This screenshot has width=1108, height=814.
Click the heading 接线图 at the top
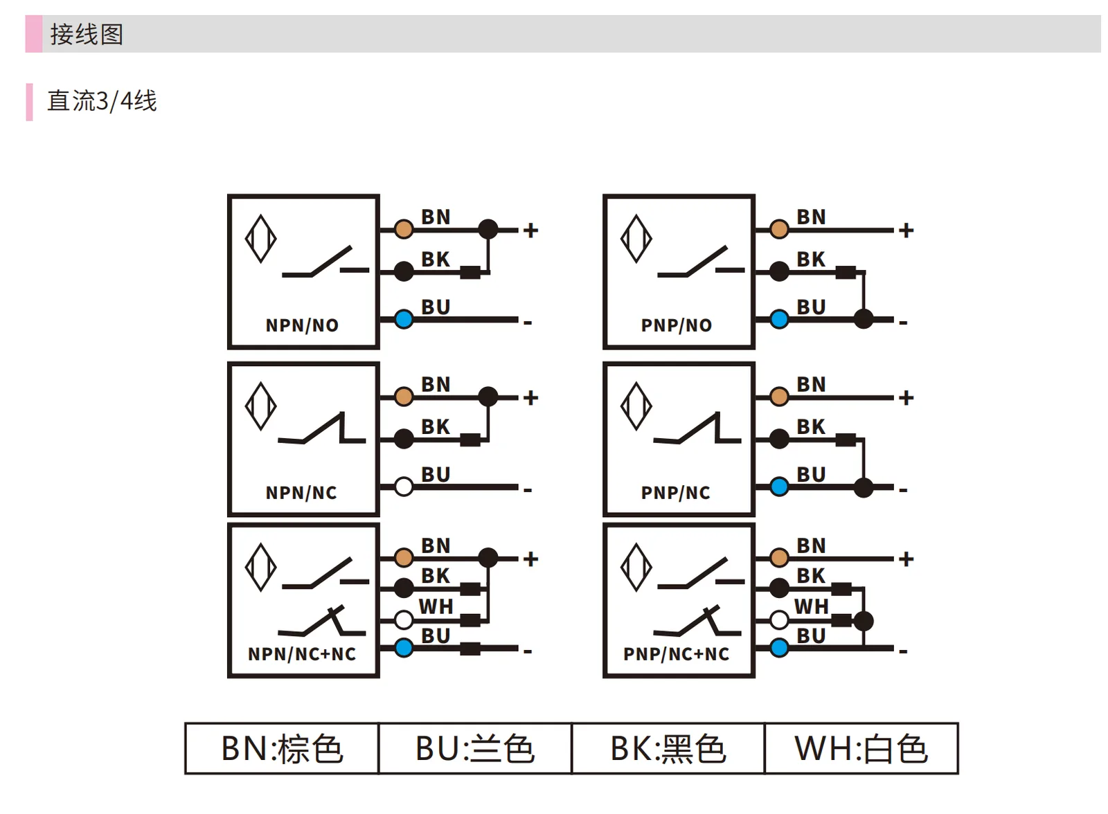click(x=87, y=34)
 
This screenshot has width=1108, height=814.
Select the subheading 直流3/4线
click(x=102, y=101)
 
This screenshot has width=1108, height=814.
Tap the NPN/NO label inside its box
click(x=302, y=325)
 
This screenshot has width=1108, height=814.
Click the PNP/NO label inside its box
click(x=677, y=325)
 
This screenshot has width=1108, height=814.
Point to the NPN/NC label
click(x=301, y=493)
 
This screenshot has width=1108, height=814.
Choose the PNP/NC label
click(x=676, y=493)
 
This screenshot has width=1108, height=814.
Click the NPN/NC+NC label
click(x=302, y=654)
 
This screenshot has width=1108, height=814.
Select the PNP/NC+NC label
click(x=676, y=654)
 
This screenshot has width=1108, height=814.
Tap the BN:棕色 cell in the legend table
click(x=282, y=749)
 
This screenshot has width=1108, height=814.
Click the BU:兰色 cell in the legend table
click(x=475, y=749)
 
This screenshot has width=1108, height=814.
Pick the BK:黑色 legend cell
click(x=668, y=749)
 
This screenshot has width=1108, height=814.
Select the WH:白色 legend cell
click(x=861, y=749)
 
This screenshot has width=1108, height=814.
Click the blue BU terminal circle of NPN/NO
click(x=404, y=319)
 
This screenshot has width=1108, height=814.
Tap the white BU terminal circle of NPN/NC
click(x=404, y=487)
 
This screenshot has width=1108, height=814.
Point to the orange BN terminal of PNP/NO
click(x=779, y=229)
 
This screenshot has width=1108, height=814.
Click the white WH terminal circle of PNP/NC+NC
click(x=779, y=619)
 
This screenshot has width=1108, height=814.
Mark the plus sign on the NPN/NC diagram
click(x=530, y=397)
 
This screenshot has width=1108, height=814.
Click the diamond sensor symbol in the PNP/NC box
click(x=636, y=406)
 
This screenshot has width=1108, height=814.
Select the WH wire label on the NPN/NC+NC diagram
click(x=436, y=606)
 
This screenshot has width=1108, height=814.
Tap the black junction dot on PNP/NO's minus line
click(x=864, y=319)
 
